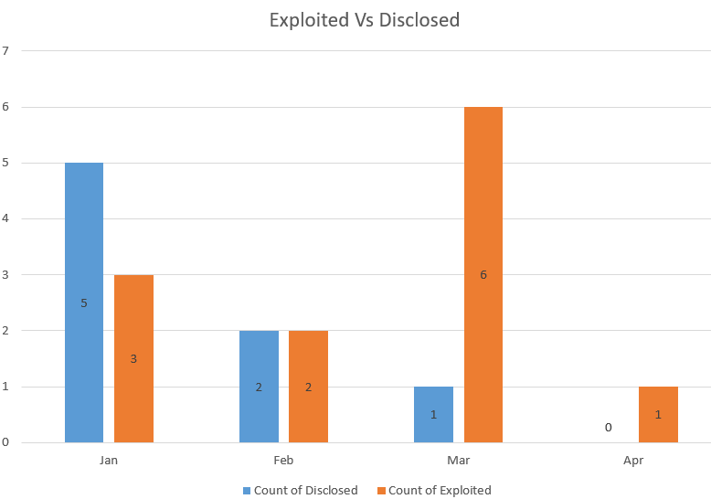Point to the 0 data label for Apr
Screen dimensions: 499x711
point(608,427)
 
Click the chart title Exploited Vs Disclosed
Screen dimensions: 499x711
point(364,19)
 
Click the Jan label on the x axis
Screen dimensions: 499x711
point(109,461)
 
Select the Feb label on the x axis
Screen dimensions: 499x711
point(283,461)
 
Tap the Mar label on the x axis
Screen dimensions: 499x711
point(458,461)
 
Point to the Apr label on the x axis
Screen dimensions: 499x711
point(633,461)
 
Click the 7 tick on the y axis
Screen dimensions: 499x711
point(5,50)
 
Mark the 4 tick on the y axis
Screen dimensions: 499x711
point(5,218)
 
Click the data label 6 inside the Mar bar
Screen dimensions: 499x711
point(483,275)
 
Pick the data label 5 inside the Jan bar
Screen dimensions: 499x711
point(84,303)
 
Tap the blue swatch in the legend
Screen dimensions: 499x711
point(247,491)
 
